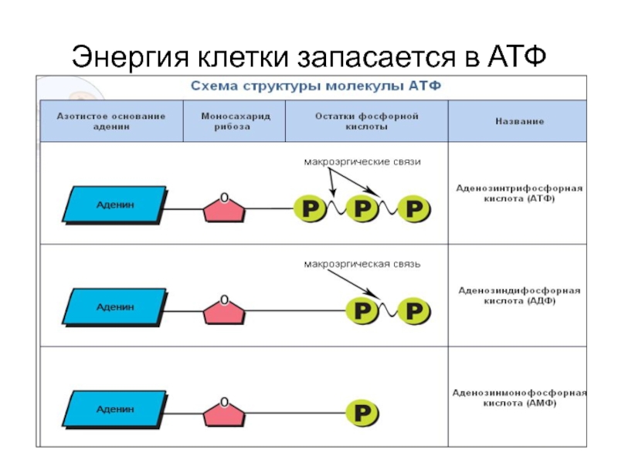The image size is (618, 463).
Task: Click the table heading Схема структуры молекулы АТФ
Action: click(x=317, y=86)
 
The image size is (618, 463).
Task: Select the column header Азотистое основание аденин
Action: click(x=110, y=121)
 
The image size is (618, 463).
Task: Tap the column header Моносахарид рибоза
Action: click(x=233, y=121)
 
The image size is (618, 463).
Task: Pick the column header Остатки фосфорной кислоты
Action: click(x=366, y=121)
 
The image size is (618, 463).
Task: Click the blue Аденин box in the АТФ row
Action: click(x=114, y=205)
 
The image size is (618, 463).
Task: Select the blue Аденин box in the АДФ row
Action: click(x=114, y=306)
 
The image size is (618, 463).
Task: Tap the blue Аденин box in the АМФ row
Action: click(x=114, y=408)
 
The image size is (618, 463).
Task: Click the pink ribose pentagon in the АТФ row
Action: click(x=224, y=208)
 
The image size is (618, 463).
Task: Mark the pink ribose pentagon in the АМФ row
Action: click(x=224, y=412)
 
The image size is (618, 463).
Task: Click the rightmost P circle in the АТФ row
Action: click(x=415, y=208)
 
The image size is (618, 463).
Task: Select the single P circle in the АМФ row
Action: click(x=362, y=412)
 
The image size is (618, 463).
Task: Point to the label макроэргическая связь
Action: click(x=362, y=264)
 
